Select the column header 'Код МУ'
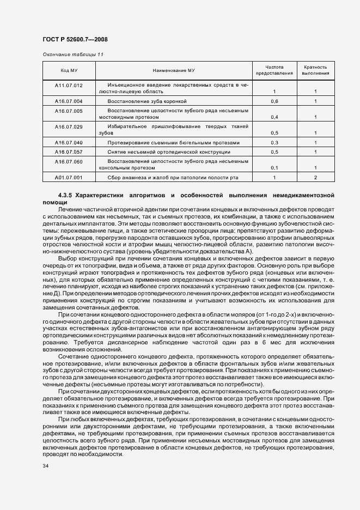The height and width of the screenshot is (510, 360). (69, 70)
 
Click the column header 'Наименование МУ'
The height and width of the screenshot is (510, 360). (174, 70)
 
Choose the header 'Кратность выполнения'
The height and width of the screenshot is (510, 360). (315, 70)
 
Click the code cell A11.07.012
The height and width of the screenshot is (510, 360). (69, 86)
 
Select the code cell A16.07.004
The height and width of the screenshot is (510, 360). (69, 101)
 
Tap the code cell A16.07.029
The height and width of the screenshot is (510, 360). (69, 127)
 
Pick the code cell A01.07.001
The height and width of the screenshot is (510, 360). (69, 178)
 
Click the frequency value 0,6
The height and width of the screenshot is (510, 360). (274, 101)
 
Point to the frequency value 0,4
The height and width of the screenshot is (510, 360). (274, 117)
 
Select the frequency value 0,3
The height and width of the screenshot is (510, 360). (274, 143)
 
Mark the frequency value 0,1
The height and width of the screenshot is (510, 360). (274, 168)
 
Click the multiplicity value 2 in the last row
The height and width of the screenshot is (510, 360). (315, 178)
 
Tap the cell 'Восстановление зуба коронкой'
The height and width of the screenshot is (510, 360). (147, 101)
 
